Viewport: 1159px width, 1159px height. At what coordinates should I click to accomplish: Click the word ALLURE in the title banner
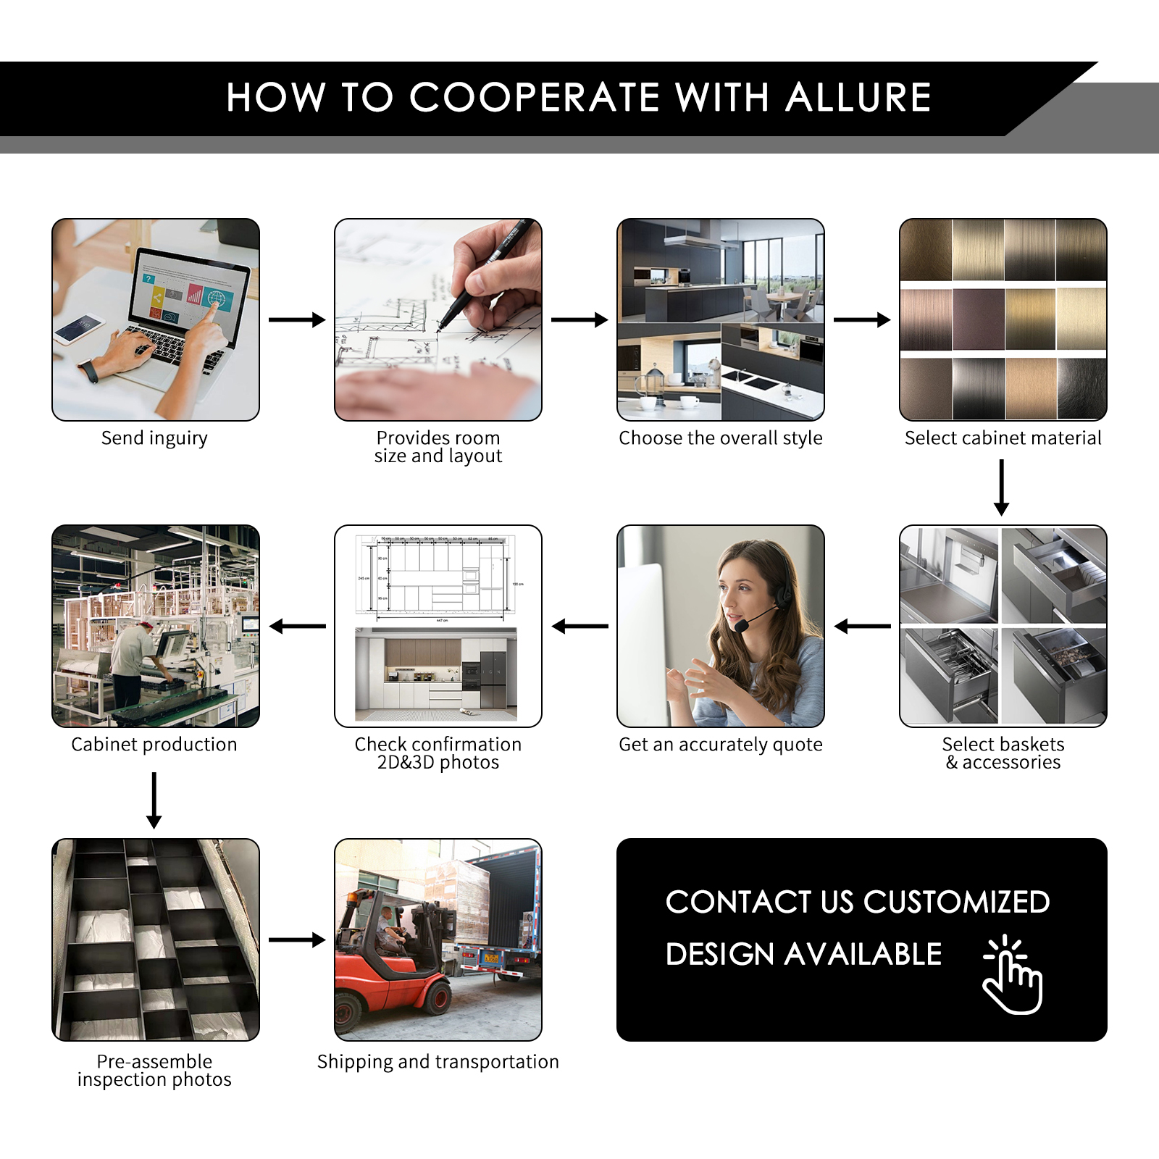pyautogui.click(x=858, y=98)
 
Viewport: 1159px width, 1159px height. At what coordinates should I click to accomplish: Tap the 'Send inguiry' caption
pyautogui.click(x=154, y=438)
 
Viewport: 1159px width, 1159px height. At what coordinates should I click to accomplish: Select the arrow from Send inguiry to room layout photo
pyautogui.click(x=297, y=319)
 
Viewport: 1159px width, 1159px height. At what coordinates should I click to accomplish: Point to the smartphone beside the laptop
pyautogui.click(x=80, y=329)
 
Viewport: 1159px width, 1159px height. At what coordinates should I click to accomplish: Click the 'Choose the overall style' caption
pyautogui.click(x=721, y=438)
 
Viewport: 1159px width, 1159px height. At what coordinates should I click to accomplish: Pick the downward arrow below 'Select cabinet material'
pyautogui.click(x=1002, y=488)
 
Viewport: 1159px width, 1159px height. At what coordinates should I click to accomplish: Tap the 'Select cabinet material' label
pyautogui.click(x=1003, y=438)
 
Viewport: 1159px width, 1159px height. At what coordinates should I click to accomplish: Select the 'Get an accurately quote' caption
pyautogui.click(x=721, y=745)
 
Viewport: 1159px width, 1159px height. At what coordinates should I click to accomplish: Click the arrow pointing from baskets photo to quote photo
pyautogui.click(x=862, y=627)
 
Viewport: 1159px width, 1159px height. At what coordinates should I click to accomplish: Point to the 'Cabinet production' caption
pyautogui.click(x=154, y=745)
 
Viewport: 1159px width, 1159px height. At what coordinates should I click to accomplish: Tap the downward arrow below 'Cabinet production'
pyautogui.click(x=154, y=800)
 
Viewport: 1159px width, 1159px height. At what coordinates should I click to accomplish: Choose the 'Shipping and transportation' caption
pyautogui.click(x=438, y=1062)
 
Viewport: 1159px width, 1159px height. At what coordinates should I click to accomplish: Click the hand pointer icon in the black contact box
pyautogui.click(x=1013, y=975)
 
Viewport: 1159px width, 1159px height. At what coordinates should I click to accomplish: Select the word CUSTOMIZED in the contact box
pyautogui.click(x=956, y=902)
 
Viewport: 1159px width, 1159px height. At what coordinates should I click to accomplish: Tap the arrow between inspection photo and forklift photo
pyautogui.click(x=297, y=940)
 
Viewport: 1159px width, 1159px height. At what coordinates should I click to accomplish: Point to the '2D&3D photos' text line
pyautogui.click(x=438, y=763)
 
